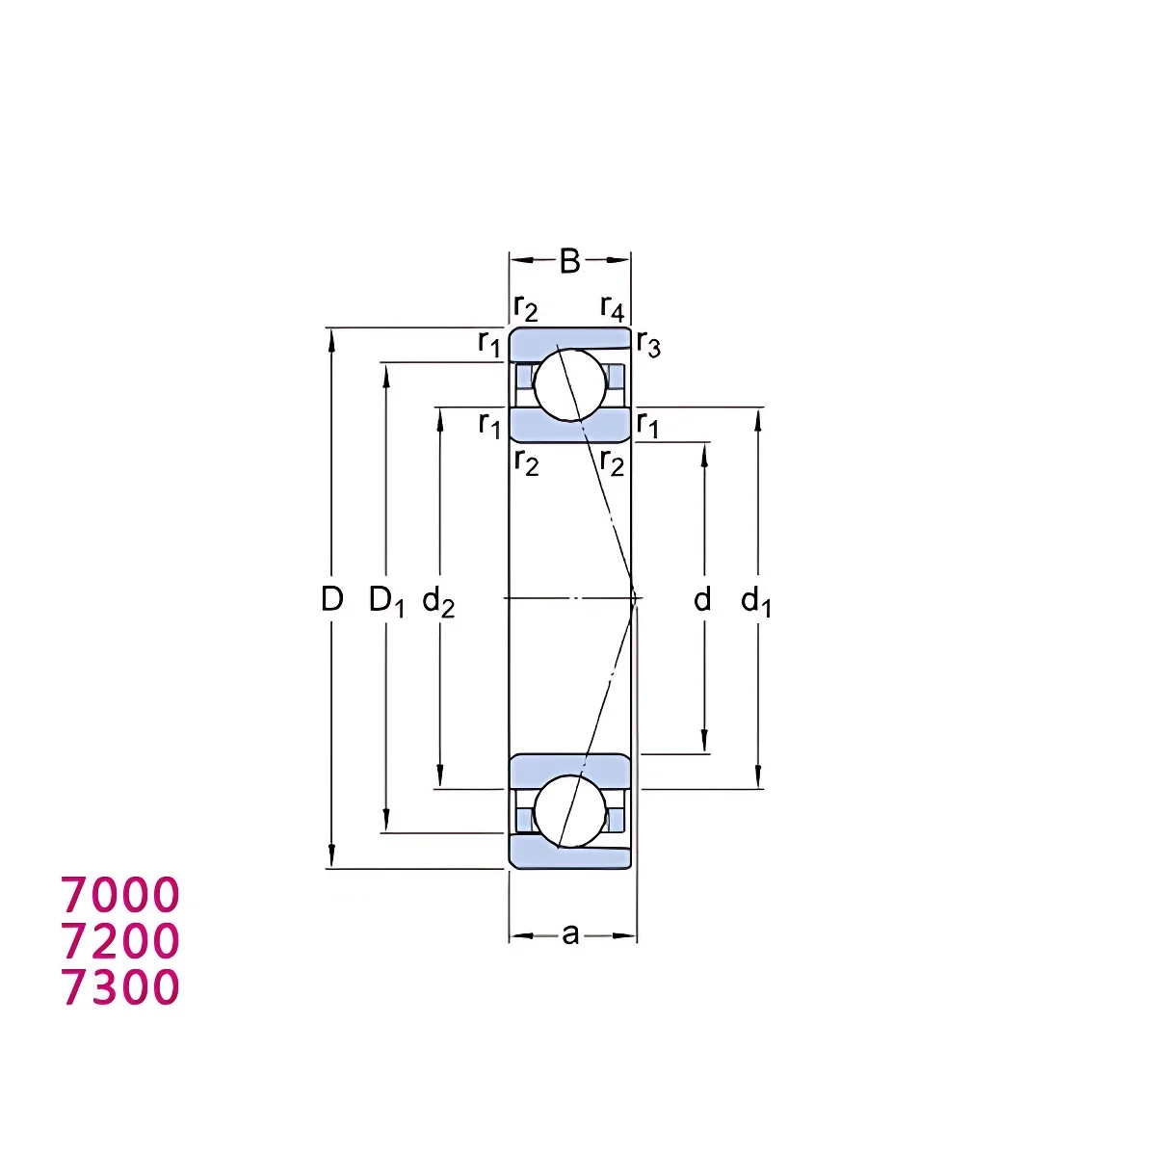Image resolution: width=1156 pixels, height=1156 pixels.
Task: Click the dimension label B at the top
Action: [x=569, y=260]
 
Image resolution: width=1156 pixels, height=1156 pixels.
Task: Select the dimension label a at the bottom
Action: [x=570, y=934]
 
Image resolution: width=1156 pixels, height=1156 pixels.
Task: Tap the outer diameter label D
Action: [x=331, y=599]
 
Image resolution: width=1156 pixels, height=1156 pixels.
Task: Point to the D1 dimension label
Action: [x=386, y=601]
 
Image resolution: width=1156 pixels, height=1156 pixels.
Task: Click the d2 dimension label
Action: [x=438, y=602]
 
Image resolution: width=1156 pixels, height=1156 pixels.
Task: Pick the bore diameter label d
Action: [x=702, y=599]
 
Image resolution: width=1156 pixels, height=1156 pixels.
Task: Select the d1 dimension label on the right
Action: [x=756, y=602]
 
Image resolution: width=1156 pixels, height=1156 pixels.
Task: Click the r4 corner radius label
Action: [x=612, y=308]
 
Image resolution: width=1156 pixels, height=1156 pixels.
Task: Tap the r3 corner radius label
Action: [x=648, y=344]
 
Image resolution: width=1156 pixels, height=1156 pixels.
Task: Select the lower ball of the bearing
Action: [x=570, y=812]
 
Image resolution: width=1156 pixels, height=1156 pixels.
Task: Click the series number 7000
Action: [x=120, y=895]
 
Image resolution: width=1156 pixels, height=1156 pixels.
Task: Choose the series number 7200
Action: [x=120, y=941]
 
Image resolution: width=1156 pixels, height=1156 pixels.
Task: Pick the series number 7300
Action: [x=120, y=987]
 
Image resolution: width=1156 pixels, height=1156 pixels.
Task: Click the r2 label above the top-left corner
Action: [x=525, y=308]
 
